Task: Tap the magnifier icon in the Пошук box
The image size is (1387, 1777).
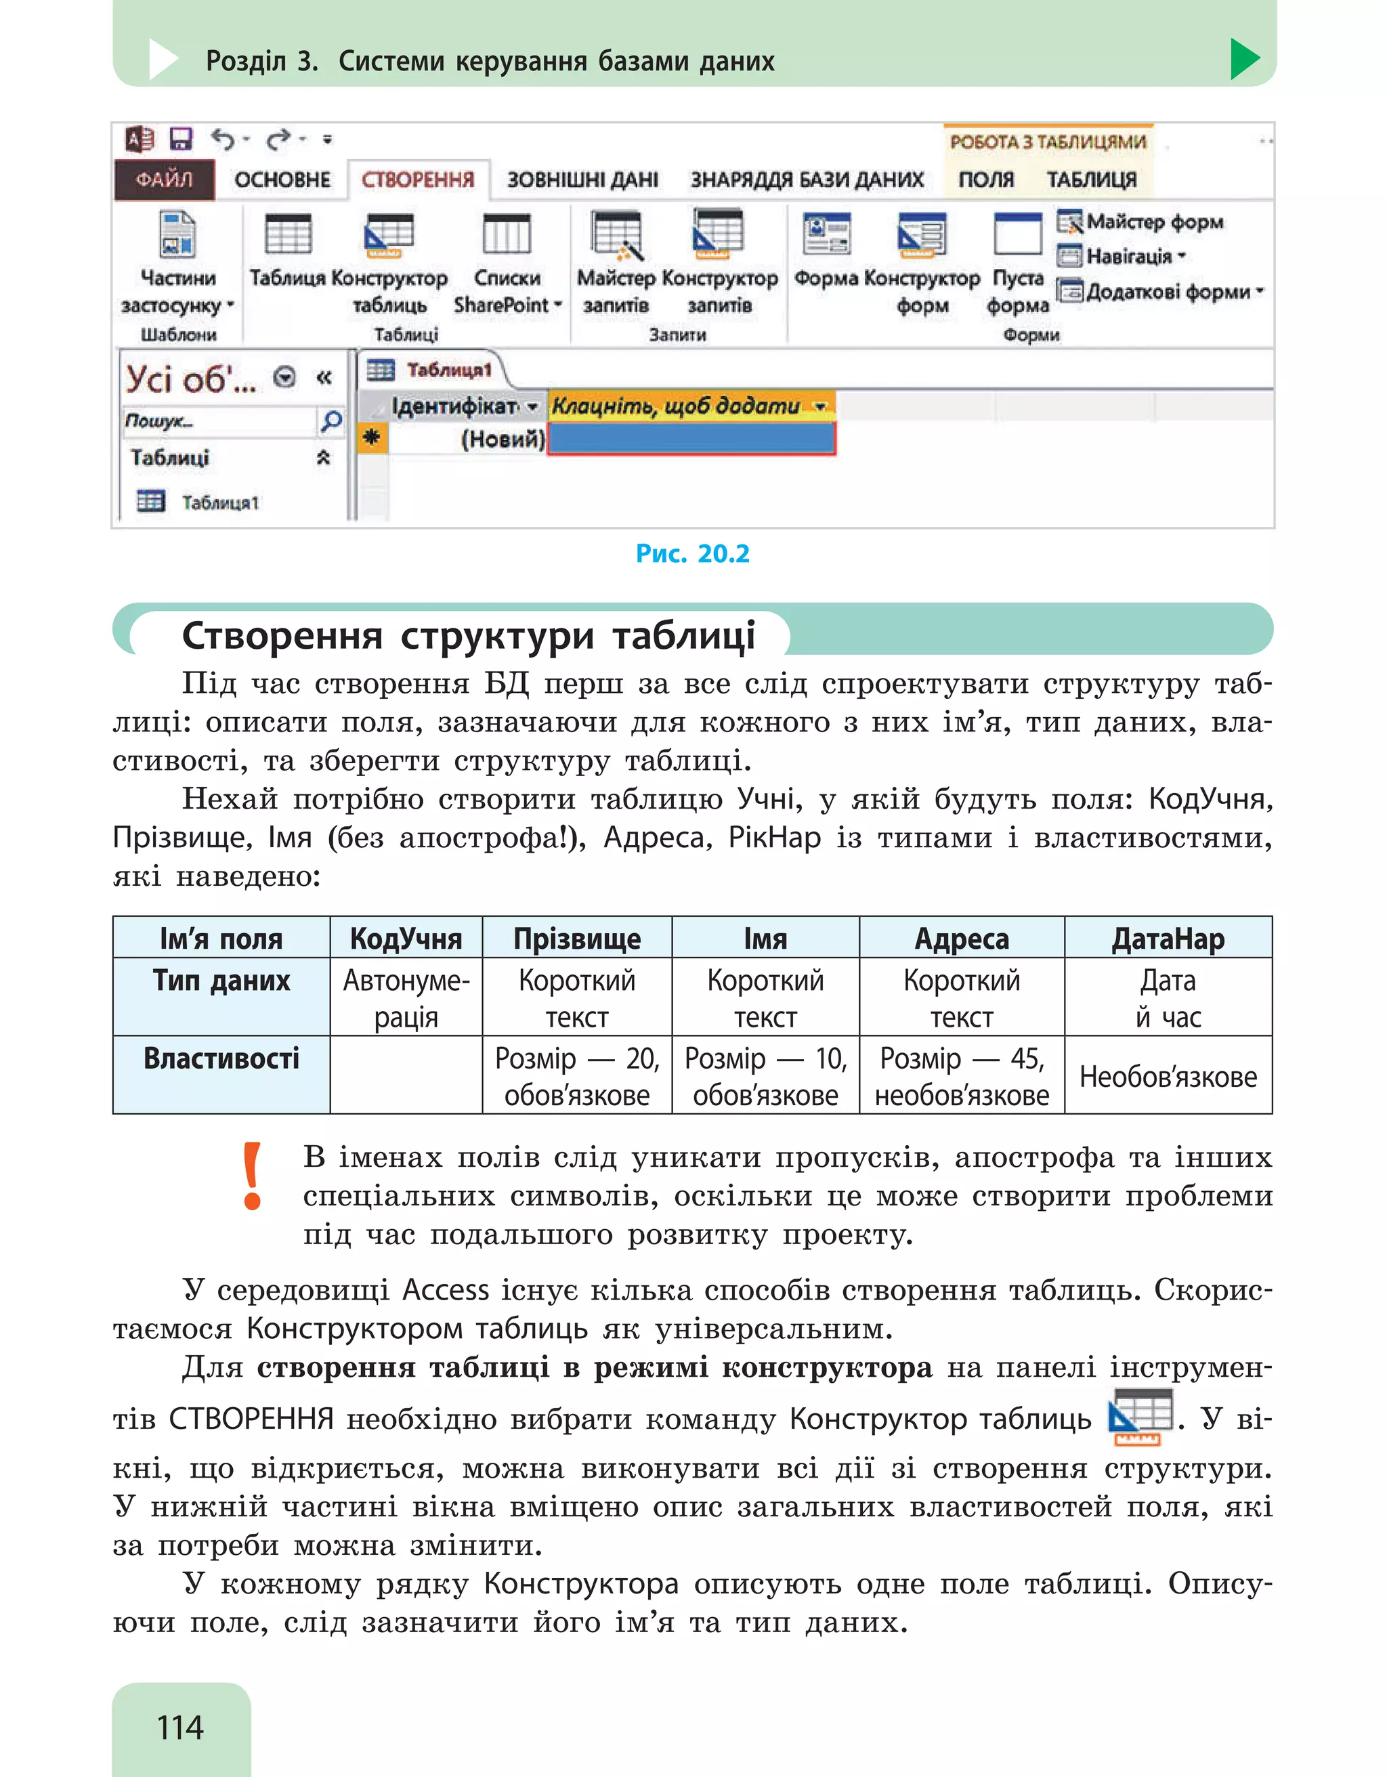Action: (x=331, y=421)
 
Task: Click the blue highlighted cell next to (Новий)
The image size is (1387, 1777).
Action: (x=691, y=440)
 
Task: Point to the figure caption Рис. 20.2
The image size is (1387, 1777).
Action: (x=692, y=553)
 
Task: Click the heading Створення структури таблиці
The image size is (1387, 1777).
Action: (x=469, y=635)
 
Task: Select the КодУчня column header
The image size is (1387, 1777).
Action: (x=406, y=938)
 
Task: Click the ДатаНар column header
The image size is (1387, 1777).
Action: (x=1168, y=938)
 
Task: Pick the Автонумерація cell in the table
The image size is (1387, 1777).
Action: (x=406, y=998)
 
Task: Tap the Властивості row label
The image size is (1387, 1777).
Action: (x=221, y=1058)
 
